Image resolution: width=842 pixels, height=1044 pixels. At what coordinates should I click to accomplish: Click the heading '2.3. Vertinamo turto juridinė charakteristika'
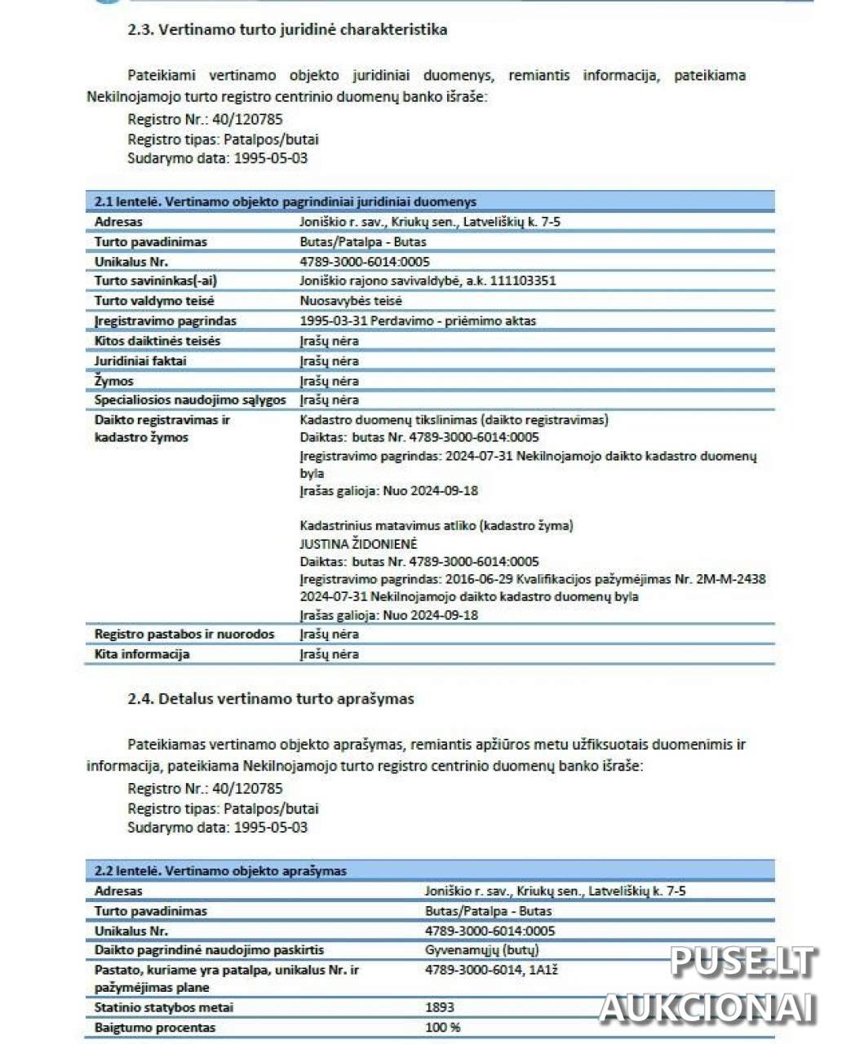(287, 30)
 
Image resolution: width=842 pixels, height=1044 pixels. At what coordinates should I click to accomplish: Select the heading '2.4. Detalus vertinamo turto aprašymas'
(271, 699)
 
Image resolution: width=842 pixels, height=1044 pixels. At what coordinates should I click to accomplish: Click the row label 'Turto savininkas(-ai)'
(155, 281)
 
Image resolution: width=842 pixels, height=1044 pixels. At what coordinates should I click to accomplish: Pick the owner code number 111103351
(523, 281)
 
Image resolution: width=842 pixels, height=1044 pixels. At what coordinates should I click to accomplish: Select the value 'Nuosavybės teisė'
(351, 301)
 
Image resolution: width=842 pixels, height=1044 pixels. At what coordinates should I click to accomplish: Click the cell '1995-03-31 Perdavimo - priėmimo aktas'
(418, 321)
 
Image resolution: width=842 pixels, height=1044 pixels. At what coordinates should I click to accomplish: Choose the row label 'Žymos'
(114, 381)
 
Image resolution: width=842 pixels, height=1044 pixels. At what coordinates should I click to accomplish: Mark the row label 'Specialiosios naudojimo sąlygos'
(190, 400)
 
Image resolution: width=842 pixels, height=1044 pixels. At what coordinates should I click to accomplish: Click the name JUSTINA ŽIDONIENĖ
(358, 544)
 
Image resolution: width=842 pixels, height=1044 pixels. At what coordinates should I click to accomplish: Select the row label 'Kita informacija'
(142, 654)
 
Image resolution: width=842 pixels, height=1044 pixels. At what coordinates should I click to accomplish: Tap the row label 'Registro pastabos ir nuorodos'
(184, 635)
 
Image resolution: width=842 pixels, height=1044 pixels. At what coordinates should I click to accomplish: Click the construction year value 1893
(440, 1007)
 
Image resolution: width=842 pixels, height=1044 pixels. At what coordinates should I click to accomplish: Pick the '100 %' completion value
(442, 1028)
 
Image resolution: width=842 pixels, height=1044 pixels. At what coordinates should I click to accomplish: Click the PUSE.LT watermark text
(743, 962)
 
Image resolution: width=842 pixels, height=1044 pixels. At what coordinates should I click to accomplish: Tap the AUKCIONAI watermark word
(707, 1008)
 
